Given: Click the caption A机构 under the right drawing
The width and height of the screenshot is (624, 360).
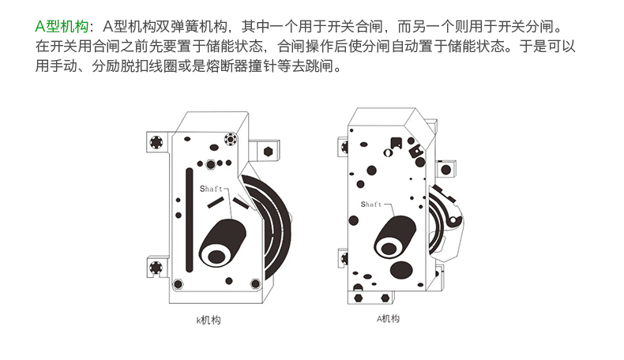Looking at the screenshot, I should click(x=387, y=319).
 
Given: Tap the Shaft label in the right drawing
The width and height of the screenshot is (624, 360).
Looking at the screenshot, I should click(x=370, y=204).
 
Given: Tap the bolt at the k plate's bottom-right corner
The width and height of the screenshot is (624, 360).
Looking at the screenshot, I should click(x=254, y=284).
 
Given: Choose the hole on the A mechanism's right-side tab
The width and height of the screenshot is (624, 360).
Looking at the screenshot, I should click(x=446, y=168).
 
